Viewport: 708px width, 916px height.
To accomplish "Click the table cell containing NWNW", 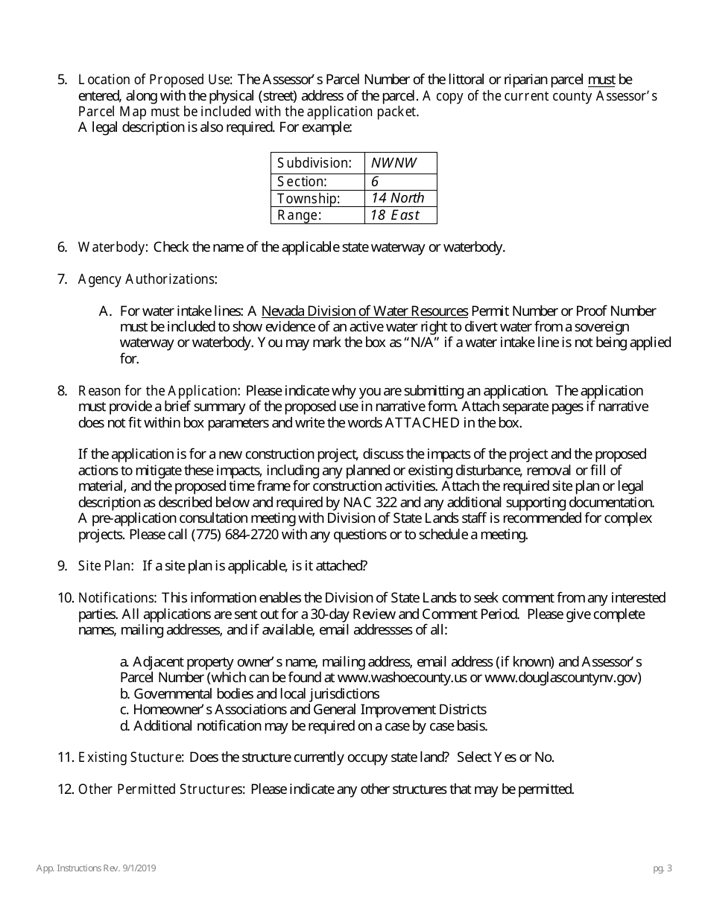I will point(400,162).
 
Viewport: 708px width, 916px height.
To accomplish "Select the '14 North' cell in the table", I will point(400,198).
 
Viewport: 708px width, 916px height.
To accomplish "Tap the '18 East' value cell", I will point(400,215).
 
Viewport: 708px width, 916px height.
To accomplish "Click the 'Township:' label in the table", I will point(309,198).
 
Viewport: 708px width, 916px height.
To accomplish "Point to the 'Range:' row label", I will point(300,215).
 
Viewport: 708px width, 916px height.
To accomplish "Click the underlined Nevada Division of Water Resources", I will point(365,311).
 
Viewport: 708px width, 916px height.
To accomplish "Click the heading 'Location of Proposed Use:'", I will point(156,79).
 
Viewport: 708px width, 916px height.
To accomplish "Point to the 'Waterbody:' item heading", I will point(113,247).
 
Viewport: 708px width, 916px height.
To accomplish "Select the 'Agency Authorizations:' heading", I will point(148,279).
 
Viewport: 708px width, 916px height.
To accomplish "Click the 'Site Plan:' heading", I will point(106,566).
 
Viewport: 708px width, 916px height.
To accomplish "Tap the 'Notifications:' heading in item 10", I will point(117,598).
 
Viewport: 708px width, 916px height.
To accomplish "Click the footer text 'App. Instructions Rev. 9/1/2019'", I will point(96,868).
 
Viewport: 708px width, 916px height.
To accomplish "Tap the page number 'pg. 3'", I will point(661,868).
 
